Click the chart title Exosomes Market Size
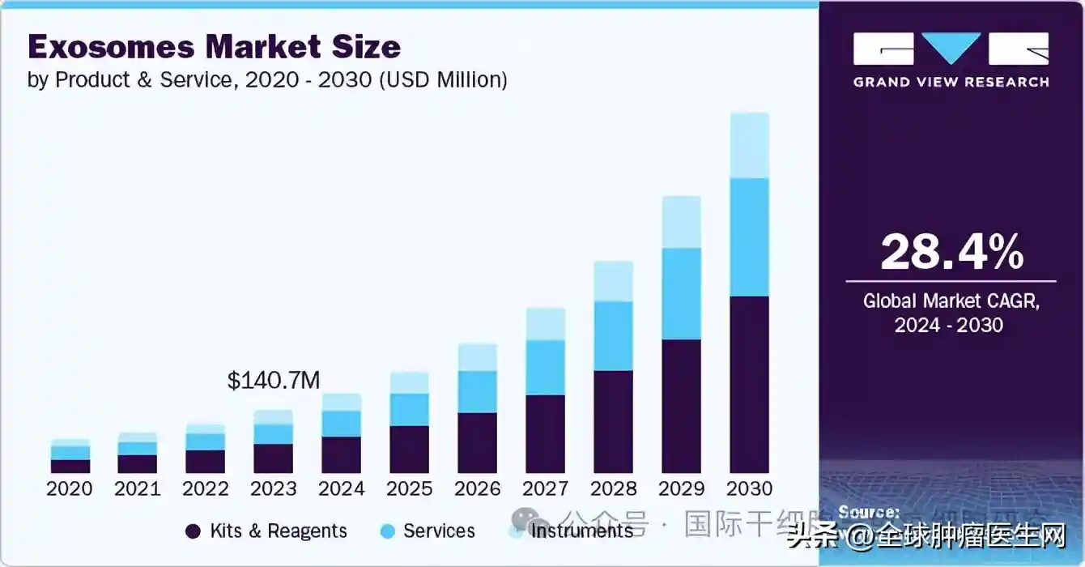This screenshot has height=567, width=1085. click(x=214, y=47)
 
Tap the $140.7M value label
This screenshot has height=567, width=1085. click(x=274, y=381)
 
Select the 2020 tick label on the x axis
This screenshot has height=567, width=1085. click(x=69, y=488)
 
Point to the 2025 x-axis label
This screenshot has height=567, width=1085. click(x=409, y=488)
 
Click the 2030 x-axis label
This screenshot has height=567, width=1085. click(x=749, y=488)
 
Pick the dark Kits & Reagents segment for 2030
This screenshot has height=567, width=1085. click(x=749, y=385)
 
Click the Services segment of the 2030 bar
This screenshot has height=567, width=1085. click(x=749, y=237)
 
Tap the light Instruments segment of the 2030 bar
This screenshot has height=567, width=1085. click(x=749, y=146)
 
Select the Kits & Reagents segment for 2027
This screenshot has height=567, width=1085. click(x=545, y=434)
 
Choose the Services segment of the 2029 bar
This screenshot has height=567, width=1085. click(x=681, y=293)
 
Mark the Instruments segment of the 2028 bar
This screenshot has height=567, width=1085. click(x=613, y=281)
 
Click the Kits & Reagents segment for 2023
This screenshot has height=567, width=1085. click(x=273, y=458)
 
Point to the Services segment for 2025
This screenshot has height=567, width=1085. click(x=409, y=410)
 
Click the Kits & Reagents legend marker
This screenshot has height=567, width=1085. click(x=193, y=531)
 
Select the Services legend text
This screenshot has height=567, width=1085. click(x=439, y=531)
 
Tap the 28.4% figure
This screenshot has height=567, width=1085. click(x=951, y=252)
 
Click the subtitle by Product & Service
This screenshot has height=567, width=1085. click(x=267, y=80)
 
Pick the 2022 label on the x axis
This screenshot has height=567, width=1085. click(x=205, y=488)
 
